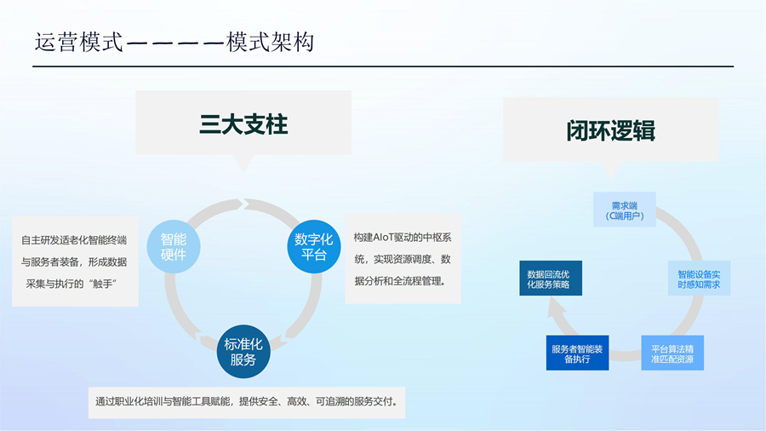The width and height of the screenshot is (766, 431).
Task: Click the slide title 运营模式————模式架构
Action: click(x=174, y=42)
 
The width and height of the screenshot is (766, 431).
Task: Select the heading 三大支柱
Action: click(x=243, y=124)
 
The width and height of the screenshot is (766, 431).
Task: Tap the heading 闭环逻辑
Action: click(x=610, y=131)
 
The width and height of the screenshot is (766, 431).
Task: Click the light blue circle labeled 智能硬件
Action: click(x=174, y=247)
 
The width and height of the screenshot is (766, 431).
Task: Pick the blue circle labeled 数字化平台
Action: click(x=313, y=247)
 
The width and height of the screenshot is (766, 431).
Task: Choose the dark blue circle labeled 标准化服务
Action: click(x=243, y=352)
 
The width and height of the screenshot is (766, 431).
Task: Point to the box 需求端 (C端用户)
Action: click(x=625, y=210)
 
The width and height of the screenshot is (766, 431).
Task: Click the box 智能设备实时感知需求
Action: click(x=699, y=278)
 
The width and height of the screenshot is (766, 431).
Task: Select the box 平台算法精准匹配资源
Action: click(x=672, y=353)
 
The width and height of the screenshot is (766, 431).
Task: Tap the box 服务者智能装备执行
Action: click(x=577, y=353)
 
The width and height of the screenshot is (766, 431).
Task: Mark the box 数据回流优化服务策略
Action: click(x=551, y=278)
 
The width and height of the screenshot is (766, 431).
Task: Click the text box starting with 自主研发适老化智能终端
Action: click(x=75, y=261)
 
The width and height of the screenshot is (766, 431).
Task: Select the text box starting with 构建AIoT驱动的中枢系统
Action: click(x=403, y=258)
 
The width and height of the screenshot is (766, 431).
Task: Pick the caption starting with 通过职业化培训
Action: click(x=247, y=403)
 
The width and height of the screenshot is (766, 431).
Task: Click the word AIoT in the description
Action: click(x=384, y=238)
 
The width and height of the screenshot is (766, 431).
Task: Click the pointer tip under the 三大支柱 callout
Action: click(x=243, y=172)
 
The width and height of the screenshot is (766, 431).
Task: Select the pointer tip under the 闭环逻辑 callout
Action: click(x=610, y=178)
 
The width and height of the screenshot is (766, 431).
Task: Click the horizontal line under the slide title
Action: click(x=383, y=66)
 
